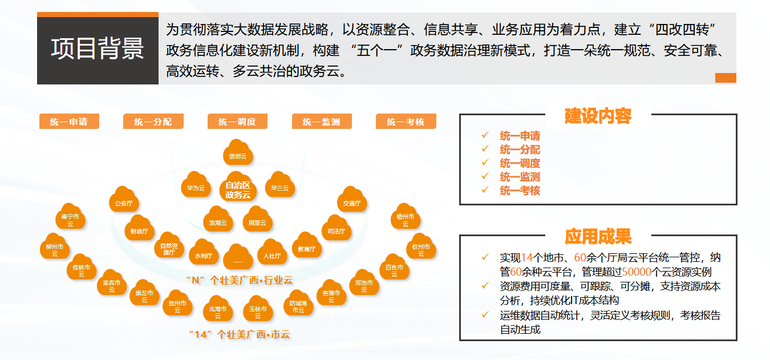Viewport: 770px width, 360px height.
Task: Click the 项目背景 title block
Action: tap(98, 49)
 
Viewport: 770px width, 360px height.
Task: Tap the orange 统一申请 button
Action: tap(69, 122)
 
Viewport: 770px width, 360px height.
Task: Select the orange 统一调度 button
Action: tap(237, 122)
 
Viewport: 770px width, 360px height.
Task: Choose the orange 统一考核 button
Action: tap(406, 122)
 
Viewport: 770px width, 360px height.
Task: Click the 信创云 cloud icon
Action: tap(238, 154)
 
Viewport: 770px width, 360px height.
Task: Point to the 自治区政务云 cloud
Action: tap(238, 188)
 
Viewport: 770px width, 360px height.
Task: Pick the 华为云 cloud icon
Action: tap(196, 186)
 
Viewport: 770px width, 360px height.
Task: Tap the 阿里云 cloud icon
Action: tap(257, 221)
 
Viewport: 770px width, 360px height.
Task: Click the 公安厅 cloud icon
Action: tap(124, 201)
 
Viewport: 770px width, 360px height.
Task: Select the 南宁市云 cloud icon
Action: tap(70, 219)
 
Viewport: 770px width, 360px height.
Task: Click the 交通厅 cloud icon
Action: tap(352, 201)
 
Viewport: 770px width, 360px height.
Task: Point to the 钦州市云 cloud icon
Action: tap(421, 249)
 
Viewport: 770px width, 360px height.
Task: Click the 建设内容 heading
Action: tap(598, 116)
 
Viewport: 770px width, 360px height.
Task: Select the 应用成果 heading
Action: tap(598, 236)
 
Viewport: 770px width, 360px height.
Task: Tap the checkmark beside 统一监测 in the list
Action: tap(485, 176)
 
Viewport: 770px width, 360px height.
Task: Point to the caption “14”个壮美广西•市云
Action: tap(240, 334)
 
